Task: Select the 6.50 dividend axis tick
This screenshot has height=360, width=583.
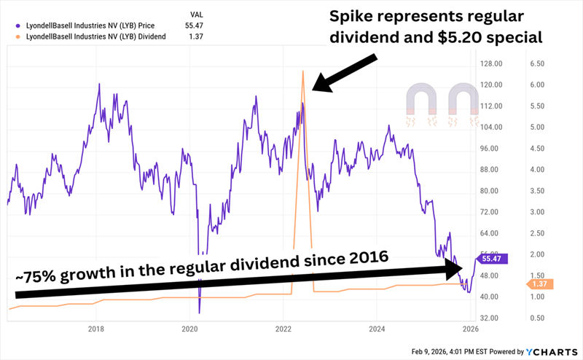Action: (x=536, y=63)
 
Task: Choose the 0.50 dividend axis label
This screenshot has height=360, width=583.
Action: (x=536, y=318)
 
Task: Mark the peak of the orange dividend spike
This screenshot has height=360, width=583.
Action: (x=302, y=71)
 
